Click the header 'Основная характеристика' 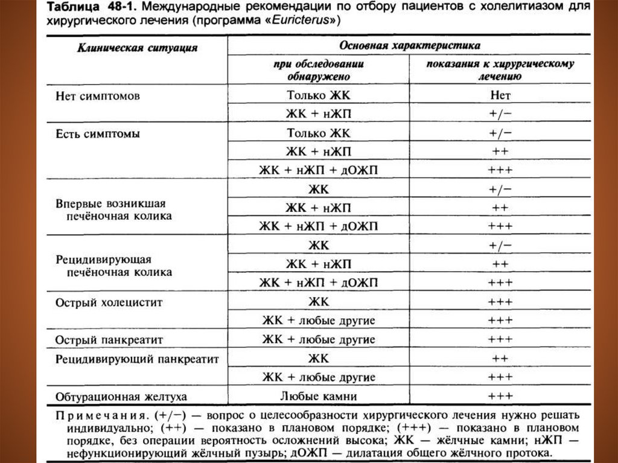tap(409, 45)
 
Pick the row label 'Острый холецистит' tap(109, 302)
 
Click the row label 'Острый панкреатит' tap(109, 339)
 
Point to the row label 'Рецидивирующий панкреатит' tap(137, 359)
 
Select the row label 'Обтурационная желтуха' tap(121, 397)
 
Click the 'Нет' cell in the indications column tap(500, 95)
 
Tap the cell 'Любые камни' tap(319, 397)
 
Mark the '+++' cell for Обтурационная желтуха tap(500, 397)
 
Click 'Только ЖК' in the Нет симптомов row tap(319, 95)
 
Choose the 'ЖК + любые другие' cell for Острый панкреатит tap(319, 339)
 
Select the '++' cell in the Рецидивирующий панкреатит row tap(500, 359)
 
